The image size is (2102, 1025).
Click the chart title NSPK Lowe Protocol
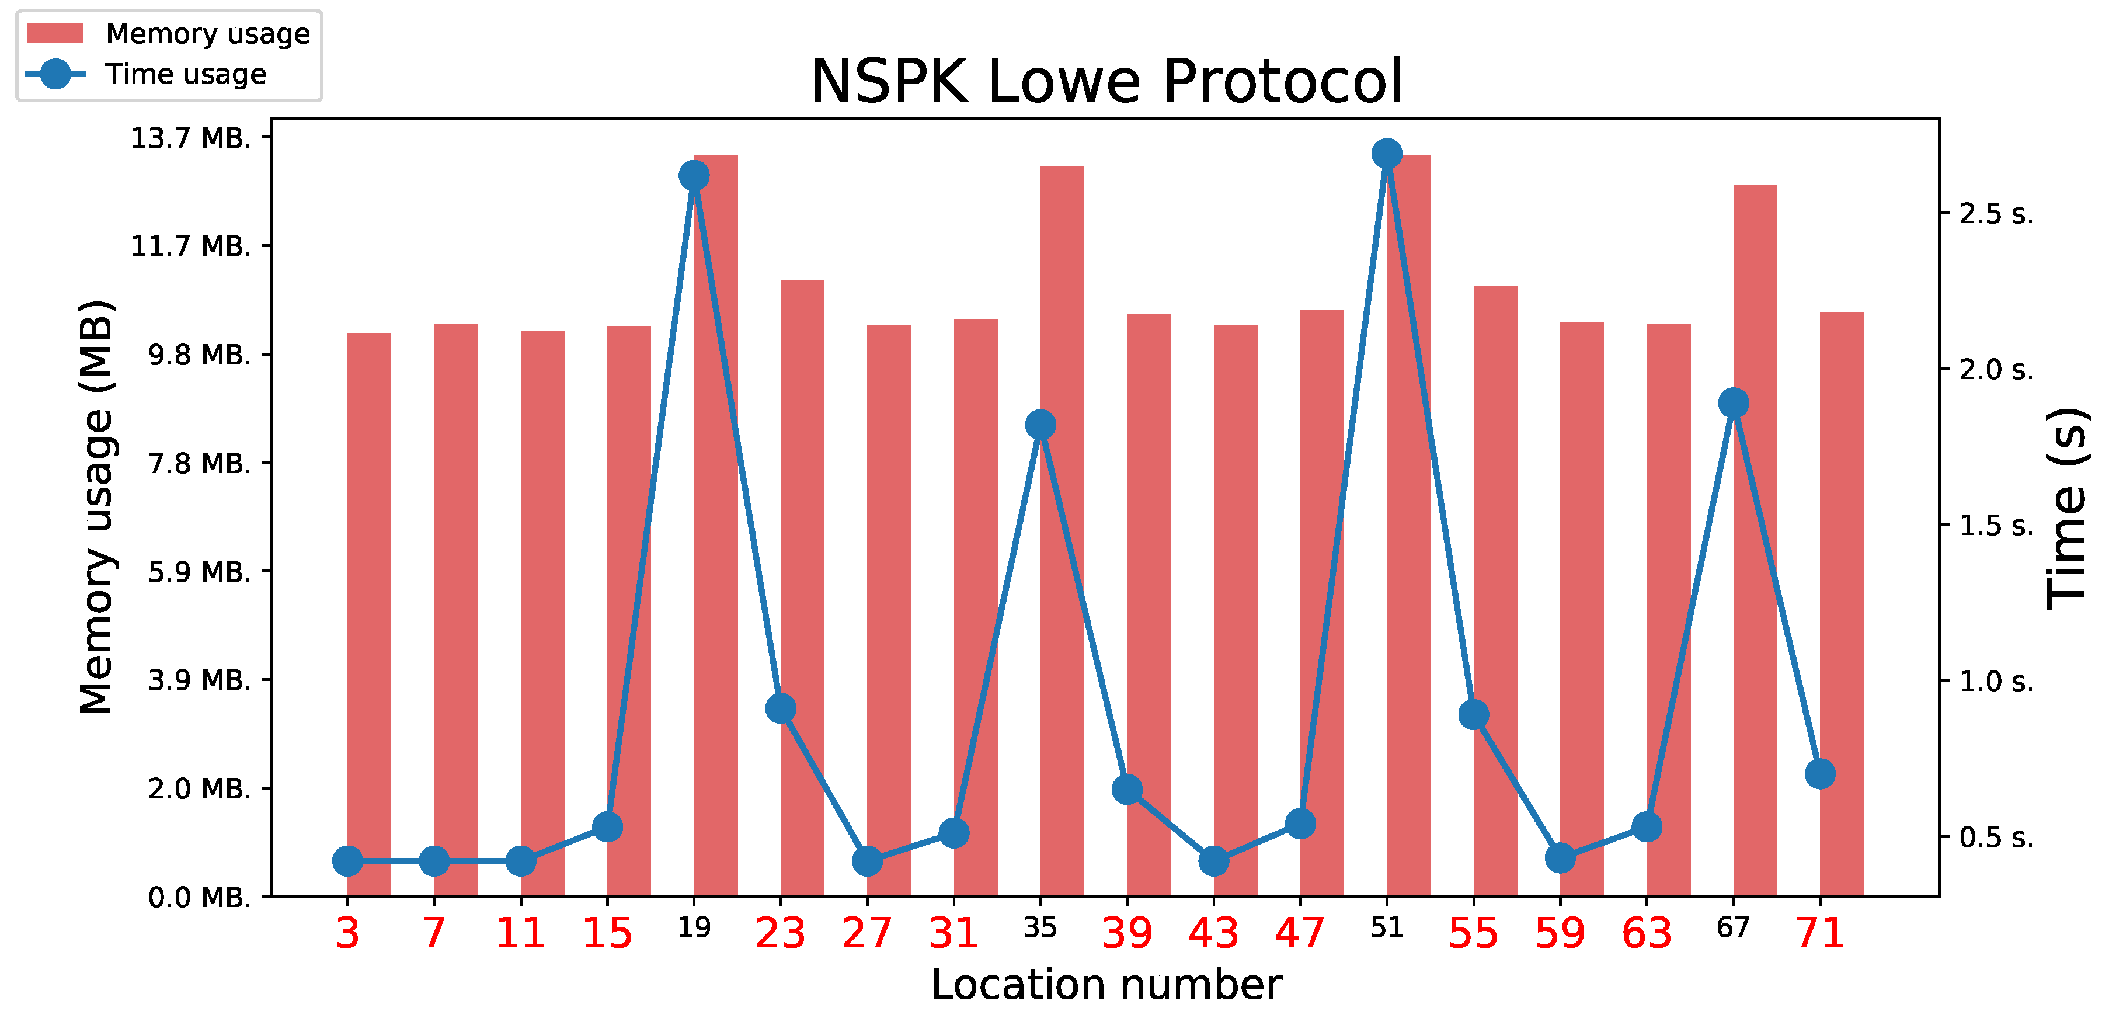pos(1106,82)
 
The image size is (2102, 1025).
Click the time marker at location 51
pos(1386,154)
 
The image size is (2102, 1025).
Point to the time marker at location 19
pos(694,175)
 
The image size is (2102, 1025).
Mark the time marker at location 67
pos(1733,402)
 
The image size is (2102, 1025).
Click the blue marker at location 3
pos(347,860)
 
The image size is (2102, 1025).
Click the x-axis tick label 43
pos(1213,933)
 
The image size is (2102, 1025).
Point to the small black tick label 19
pos(694,928)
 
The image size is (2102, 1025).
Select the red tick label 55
pos(1473,933)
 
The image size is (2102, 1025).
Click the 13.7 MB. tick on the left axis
pos(191,138)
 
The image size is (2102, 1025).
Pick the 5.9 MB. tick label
pos(199,572)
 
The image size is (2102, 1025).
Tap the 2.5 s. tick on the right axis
pos(1996,214)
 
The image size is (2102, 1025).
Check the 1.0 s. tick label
pos(1996,680)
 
